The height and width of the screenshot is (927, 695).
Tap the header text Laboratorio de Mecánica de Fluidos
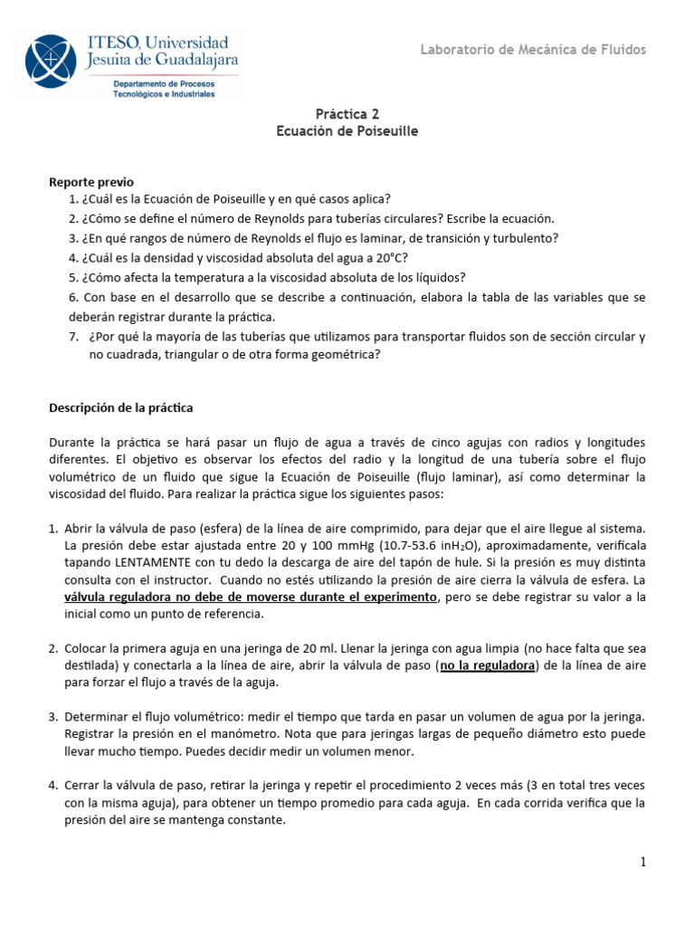[533, 50]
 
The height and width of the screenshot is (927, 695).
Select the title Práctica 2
[347, 114]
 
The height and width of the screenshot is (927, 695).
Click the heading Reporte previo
[90, 182]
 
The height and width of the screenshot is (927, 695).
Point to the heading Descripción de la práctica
[120, 407]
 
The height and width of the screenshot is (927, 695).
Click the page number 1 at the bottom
[643, 863]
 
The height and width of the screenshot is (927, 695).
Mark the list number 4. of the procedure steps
[54, 785]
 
